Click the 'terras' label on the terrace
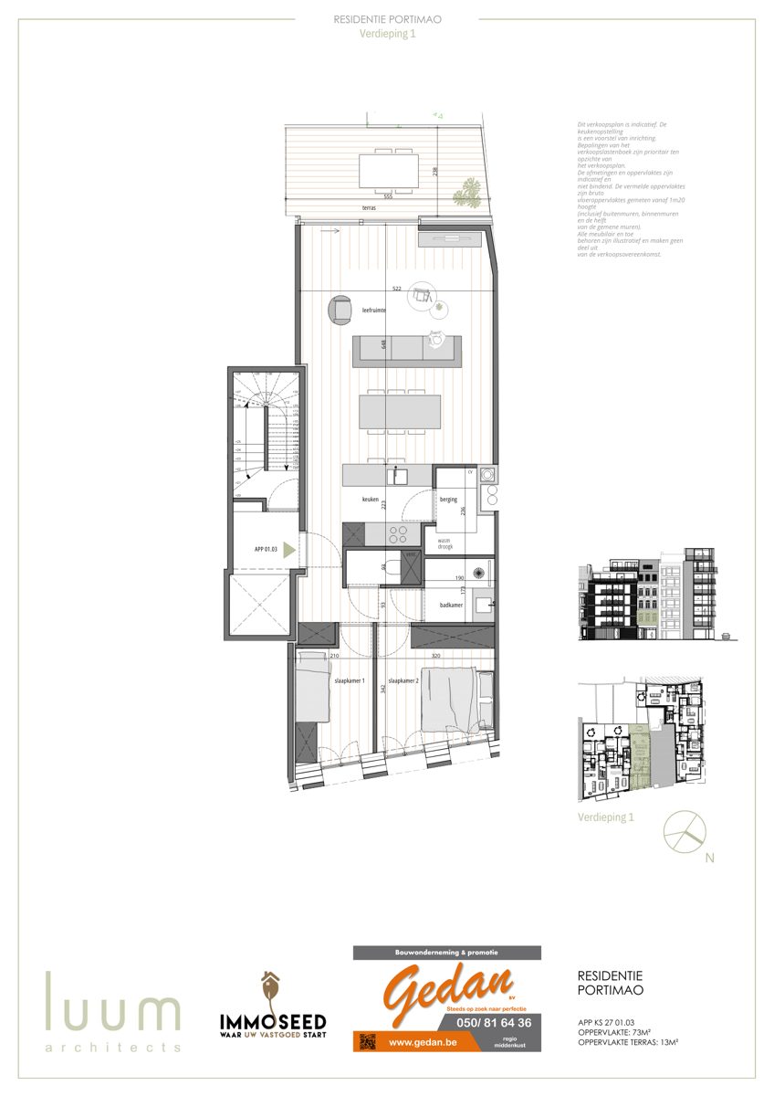[368, 208]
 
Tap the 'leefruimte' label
[372, 311]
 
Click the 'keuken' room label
[370, 500]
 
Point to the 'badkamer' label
[450, 604]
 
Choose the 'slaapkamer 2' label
[403, 680]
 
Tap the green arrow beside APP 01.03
[288, 550]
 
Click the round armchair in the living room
[341, 310]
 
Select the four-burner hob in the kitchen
[399, 533]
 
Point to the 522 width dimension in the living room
[397, 289]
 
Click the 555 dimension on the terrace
[388, 195]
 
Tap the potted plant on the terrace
[468, 191]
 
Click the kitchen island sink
[399, 476]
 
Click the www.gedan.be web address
[423, 1041]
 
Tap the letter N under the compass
[708, 858]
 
